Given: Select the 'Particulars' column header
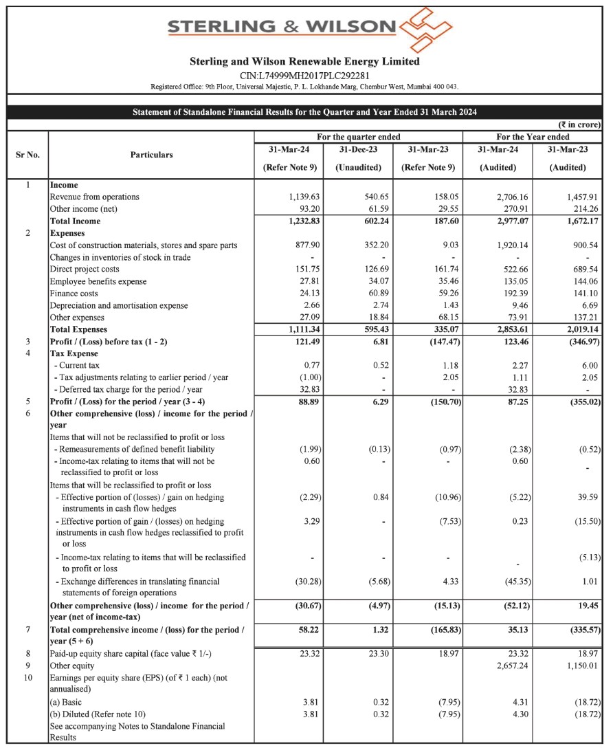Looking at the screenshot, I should point(151,155).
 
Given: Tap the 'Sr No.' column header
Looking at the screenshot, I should point(27,155).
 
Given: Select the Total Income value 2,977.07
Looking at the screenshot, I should point(502,221).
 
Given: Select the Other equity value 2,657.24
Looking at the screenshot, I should point(502,666).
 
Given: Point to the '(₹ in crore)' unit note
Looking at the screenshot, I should point(580,125).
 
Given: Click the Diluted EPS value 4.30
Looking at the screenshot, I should point(511,714).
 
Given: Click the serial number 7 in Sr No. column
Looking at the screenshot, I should point(27,630).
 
